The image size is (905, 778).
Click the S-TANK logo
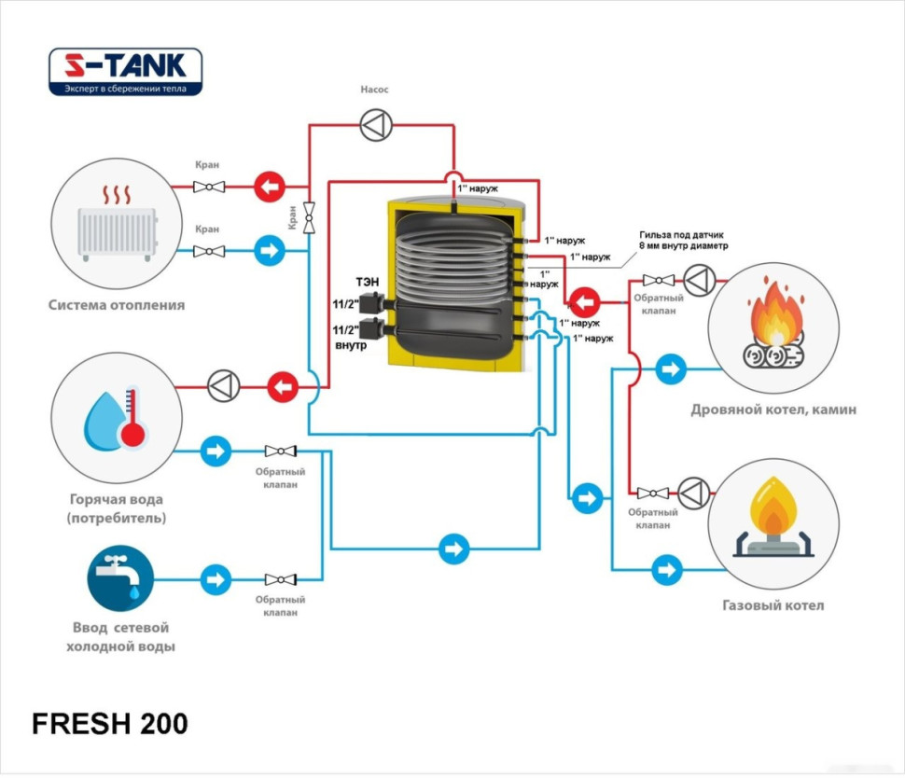pos(125,72)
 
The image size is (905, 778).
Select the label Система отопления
pos(117,304)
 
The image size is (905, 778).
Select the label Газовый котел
pos(773,604)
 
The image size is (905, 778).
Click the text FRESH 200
pos(110,723)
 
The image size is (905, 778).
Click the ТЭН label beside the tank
pos(366,280)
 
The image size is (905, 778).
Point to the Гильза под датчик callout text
pos(683,240)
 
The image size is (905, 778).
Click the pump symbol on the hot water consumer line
pos(224,385)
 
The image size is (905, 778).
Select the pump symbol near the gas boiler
pos(693,493)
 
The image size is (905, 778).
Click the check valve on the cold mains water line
pos(280,579)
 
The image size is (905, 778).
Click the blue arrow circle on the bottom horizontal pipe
pos(453,548)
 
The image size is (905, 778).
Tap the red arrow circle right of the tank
pos(585,302)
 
